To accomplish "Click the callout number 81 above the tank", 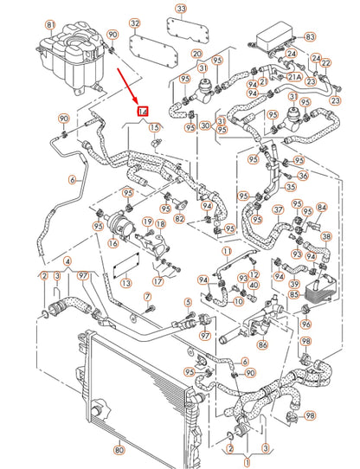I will (49, 24).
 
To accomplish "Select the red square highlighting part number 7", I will (145, 112).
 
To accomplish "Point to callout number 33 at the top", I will (179, 10).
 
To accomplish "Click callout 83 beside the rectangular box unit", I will (310, 37).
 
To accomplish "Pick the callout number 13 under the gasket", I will (125, 283).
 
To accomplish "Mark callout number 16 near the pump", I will (112, 245).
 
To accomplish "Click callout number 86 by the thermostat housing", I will (238, 344).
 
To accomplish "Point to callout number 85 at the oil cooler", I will (294, 293).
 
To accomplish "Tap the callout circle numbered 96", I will (305, 324).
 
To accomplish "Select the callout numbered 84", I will (321, 207).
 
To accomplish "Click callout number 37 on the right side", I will (279, 209).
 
